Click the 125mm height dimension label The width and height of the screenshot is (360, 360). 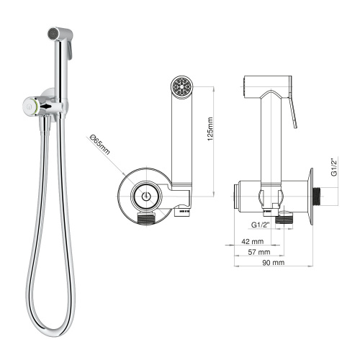[210, 129]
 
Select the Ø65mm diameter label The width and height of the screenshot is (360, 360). [100, 145]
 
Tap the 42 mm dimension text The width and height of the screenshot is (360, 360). [253, 241]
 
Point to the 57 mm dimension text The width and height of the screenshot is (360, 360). [259, 252]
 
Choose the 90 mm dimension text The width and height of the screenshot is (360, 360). [274, 263]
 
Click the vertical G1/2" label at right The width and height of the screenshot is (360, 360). [334, 166]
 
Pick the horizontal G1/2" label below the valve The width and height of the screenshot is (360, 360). [261, 225]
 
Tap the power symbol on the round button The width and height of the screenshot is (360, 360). [145, 196]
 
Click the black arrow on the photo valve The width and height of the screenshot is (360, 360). [47, 107]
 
